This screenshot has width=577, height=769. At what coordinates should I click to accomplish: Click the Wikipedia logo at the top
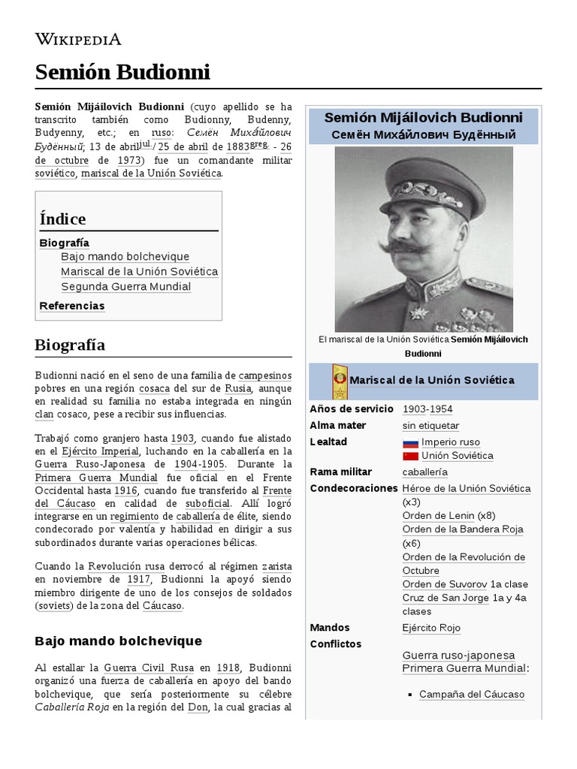(78, 39)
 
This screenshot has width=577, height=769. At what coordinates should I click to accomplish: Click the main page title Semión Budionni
(122, 72)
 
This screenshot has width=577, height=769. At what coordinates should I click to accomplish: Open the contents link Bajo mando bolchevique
(125, 257)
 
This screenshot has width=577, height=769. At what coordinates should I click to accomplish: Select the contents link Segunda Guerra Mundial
(125, 287)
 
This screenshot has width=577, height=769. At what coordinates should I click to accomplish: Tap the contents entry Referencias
(72, 306)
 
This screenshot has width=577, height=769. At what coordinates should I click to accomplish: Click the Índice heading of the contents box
(62, 219)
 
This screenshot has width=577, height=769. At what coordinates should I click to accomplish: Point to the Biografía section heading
(70, 345)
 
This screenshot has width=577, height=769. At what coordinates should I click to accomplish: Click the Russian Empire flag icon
(410, 442)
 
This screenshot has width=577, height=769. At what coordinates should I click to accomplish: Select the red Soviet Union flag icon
(410, 456)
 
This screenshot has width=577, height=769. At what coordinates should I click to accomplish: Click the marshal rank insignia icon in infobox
(340, 381)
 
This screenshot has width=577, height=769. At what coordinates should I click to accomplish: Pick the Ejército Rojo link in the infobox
(431, 628)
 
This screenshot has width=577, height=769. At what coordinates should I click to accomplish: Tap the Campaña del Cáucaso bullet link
(471, 695)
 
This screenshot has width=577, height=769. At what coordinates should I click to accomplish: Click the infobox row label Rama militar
(340, 472)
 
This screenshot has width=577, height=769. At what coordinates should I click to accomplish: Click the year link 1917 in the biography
(138, 579)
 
